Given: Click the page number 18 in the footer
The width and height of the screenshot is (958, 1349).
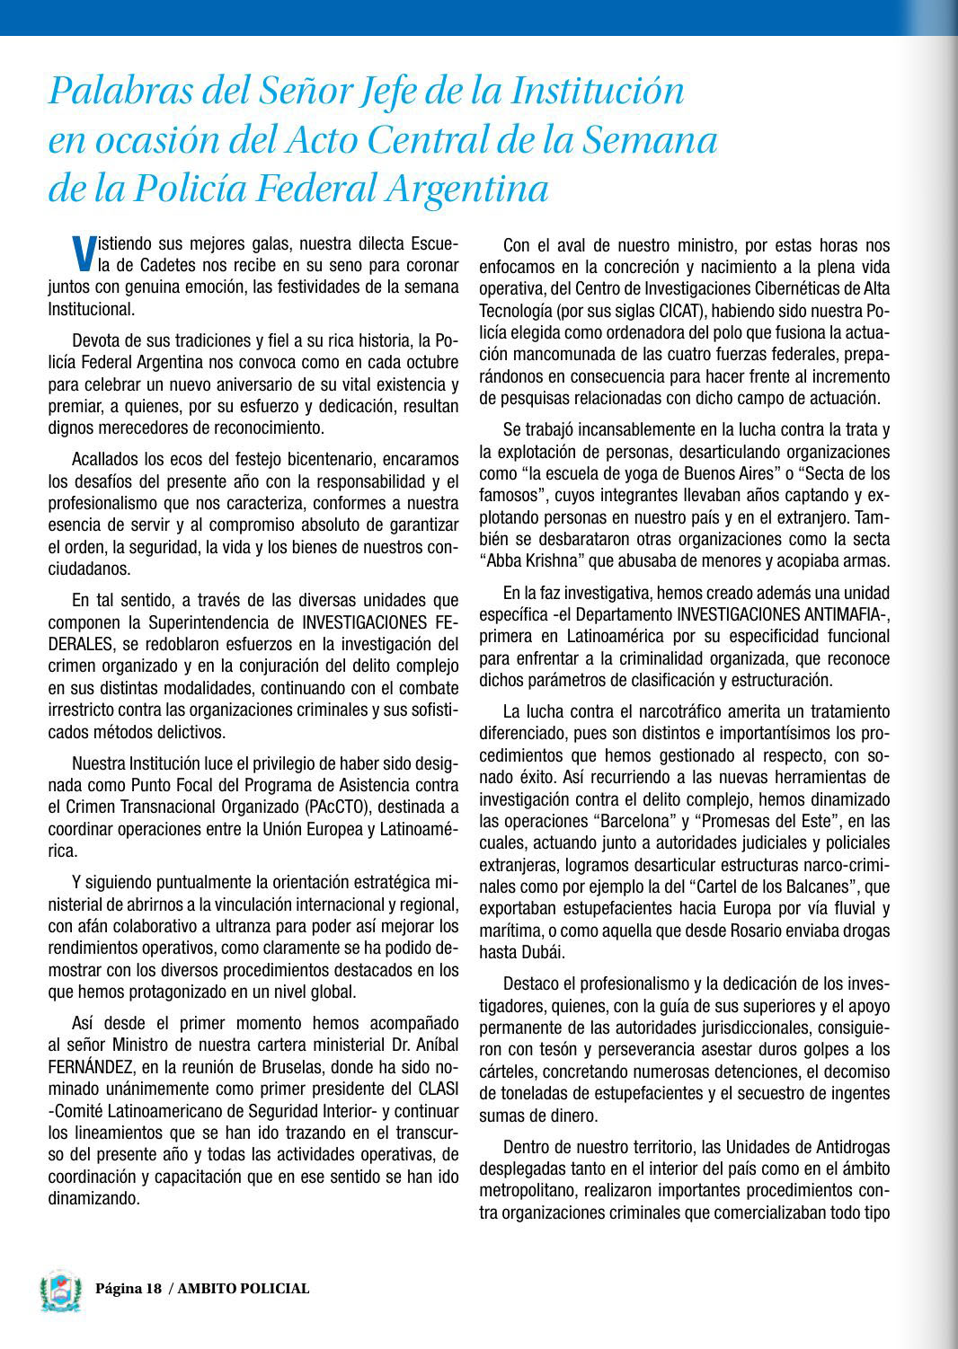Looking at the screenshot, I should click(153, 1289).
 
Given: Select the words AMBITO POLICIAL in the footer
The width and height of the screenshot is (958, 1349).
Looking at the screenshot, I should click(244, 1289).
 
